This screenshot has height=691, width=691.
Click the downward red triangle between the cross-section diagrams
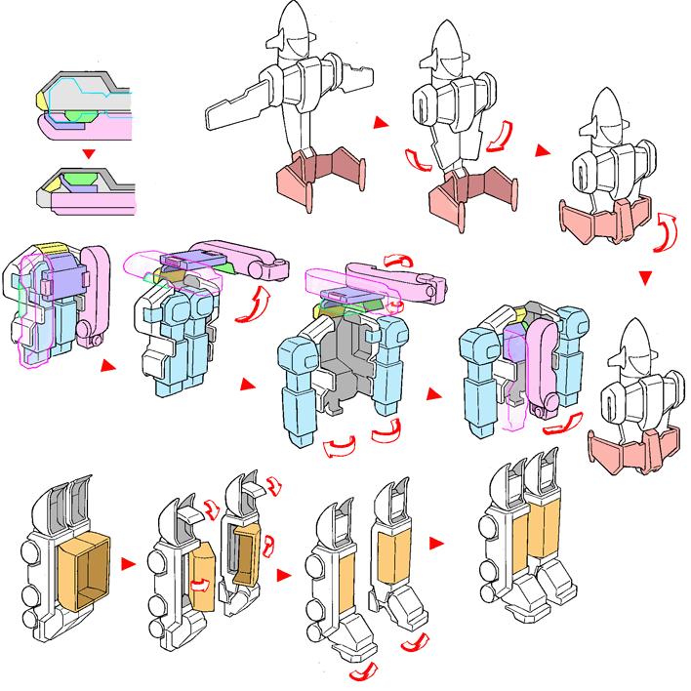point(89,153)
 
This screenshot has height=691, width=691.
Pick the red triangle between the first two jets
point(383,123)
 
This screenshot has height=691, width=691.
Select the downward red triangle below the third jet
point(645,279)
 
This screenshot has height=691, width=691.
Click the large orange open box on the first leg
point(86,566)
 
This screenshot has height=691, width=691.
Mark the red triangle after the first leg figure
point(127,563)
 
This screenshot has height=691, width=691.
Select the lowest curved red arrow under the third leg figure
point(362,673)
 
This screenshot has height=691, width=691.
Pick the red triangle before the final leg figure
point(437,542)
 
